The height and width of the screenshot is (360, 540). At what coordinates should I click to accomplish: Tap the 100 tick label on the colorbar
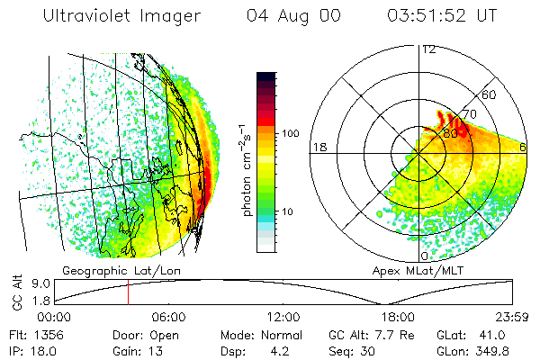(291, 132)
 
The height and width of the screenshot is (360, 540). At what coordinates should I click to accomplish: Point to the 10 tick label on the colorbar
(288, 211)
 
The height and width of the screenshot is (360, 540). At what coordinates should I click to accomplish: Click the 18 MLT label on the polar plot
(318, 147)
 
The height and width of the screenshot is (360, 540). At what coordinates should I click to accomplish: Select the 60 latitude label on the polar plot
(490, 94)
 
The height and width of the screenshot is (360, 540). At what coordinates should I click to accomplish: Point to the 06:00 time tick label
(169, 317)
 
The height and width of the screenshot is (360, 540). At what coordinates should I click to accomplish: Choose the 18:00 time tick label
(398, 317)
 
